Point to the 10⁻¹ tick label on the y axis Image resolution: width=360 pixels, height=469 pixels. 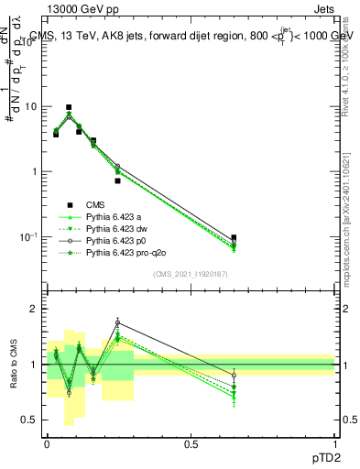[x=27, y=237]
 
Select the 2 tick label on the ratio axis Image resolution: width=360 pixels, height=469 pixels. [x=33, y=309]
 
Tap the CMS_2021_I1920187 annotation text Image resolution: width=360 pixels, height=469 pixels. [x=191, y=273]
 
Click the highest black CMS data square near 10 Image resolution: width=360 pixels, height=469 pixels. [x=68, y=107]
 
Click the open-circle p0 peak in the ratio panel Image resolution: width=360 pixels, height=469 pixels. [x=117, y=322]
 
